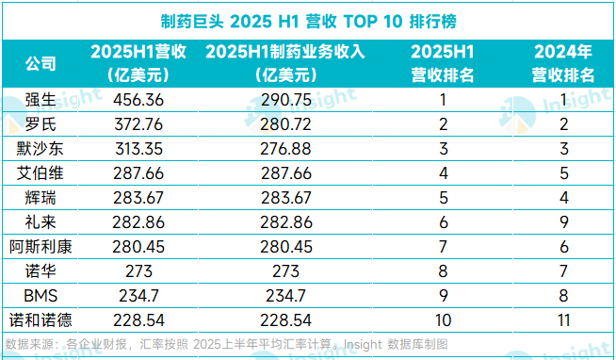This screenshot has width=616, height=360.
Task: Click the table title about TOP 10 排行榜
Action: tap(308, 22)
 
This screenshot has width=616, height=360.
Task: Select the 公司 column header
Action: tap(41, 64)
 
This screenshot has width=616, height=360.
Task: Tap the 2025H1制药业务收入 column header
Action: tap(285, 63)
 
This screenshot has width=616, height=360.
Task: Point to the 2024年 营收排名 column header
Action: tap(563, 63)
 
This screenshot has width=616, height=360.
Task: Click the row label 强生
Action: tap(41, 100)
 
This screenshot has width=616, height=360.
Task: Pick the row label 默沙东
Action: tap(41, 149)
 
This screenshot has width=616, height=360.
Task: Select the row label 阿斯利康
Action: tap(41, 247)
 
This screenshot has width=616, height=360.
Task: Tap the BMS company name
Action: tap(41, 296)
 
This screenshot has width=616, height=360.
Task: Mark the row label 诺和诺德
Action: tap(41, 320)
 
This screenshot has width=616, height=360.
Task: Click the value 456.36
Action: tap(138, 100)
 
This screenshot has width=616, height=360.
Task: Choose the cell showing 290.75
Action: tap(286, 100)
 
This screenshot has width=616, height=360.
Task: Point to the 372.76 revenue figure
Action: tap(138, 124)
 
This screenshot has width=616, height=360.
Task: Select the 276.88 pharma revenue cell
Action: tap(285, 149)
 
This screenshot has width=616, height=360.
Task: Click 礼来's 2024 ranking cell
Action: tap(564, 222)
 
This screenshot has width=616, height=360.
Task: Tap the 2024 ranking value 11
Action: tap(564, 320)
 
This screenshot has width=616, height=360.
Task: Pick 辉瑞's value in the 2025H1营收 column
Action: tap(138, 198)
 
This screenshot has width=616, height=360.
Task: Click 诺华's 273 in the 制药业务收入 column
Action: tap(285, 271)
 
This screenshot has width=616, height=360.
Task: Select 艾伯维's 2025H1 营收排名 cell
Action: tap(443, 173)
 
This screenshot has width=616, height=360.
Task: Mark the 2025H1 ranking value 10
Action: tap(443, 320)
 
